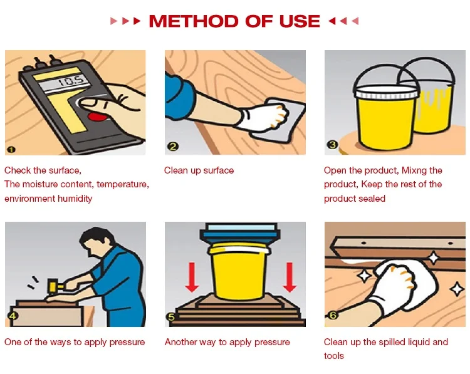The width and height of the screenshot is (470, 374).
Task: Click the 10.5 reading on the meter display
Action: click(72, 80)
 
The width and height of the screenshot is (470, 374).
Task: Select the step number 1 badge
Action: click(11, 150)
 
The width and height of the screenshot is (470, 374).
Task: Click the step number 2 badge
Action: click(173, 147)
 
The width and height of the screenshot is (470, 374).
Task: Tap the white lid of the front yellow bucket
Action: click(385, 91)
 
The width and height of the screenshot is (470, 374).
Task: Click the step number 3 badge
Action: click(332, 145)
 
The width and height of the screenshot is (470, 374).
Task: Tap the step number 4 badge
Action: click(13, 316)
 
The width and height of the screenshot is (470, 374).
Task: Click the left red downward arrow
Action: click(192, 277)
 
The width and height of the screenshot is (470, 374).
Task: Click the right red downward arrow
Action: click(290, 277)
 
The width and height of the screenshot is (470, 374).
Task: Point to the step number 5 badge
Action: click(172, 317)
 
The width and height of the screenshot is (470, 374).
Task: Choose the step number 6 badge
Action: click(333, 315)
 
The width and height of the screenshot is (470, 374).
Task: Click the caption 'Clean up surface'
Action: click(199, 170)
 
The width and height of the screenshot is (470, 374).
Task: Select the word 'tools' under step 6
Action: click(334, 356)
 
